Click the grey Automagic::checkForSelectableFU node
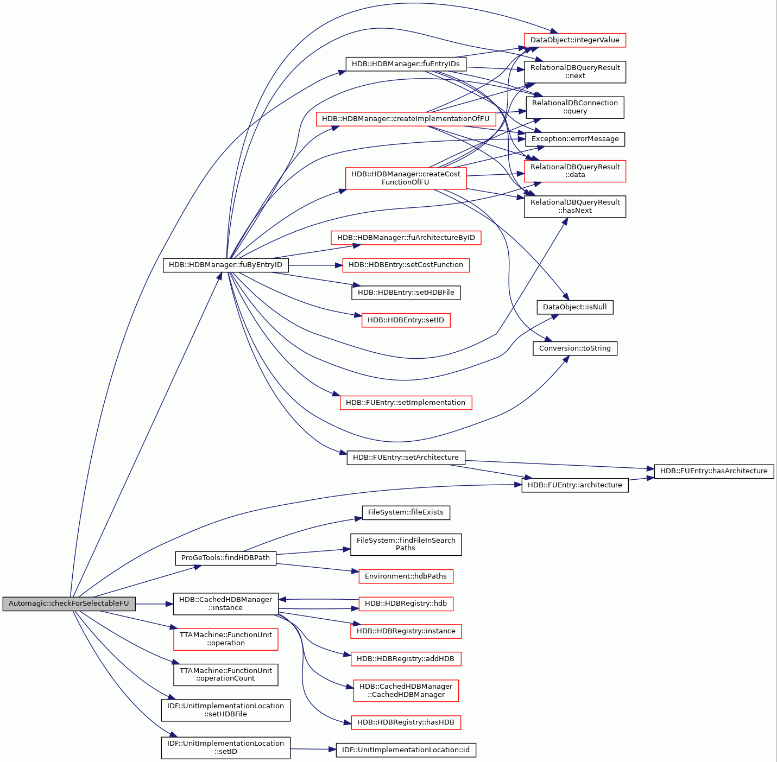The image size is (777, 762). [69, 604]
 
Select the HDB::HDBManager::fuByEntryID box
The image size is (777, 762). [225, 265]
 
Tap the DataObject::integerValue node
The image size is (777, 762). [574, 40]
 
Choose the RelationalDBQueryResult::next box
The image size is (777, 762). [574, 72]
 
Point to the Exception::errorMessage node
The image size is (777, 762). [574, 139]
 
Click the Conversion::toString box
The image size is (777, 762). [574, 348]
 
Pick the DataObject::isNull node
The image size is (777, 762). [574, 307]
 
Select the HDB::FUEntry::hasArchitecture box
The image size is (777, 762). [713, 471]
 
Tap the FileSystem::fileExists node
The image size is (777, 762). [406, 512]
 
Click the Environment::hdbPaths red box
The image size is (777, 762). [406, 576]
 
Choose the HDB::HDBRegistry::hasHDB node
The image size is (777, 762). [406, 722]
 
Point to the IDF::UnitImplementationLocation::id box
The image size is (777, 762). [406, 750]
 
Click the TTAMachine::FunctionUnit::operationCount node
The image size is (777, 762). [225, 675]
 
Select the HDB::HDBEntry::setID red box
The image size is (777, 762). [406, 320]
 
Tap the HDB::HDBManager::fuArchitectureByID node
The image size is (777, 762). [406, 238]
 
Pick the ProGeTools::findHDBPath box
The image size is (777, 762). [225, 558]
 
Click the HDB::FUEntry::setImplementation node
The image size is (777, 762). [406, 402]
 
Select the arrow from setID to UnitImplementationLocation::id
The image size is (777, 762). [313, 749]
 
